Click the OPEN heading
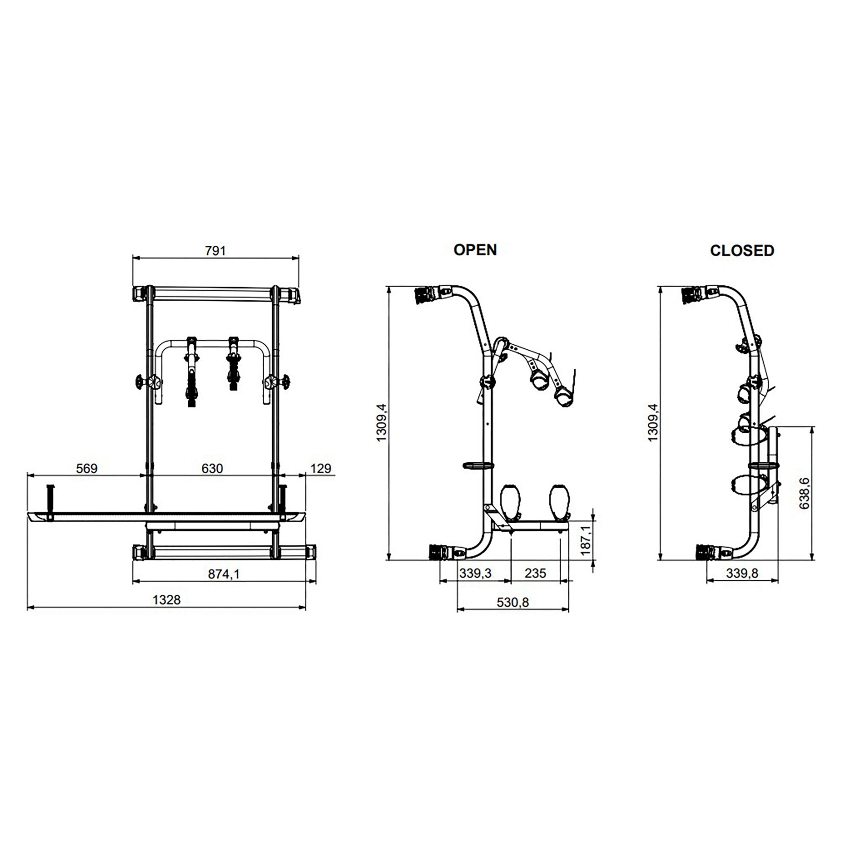(x=475, y=250)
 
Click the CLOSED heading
(x=742, y=250)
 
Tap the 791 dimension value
(x=215, y=250)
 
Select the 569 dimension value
(x=86, y=468)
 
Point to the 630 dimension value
(x=212, y=468)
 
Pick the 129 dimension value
(x=321, y=468)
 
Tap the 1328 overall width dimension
(x=167, y=600)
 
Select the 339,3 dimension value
(x=475, y=573)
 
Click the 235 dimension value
(x=535, y=573)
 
